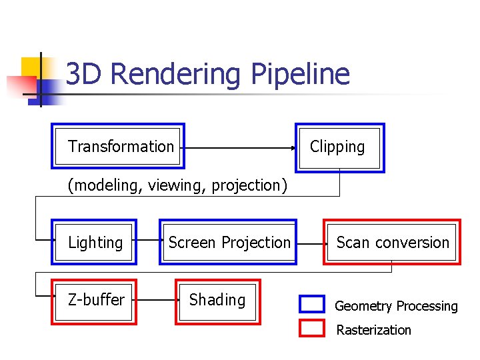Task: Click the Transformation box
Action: [118, 146]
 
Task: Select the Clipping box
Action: [340, 147]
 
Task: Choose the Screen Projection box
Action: [228, 243]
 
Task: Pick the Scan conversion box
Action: [392, 243]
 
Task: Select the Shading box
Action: [218, 301]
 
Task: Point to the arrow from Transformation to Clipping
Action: [240, 147]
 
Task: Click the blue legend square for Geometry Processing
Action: [311, 305]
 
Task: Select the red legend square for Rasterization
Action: [311, 329]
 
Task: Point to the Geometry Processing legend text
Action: [396, 306]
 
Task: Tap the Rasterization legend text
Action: [373, 330]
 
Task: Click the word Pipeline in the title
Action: [300, 74]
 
